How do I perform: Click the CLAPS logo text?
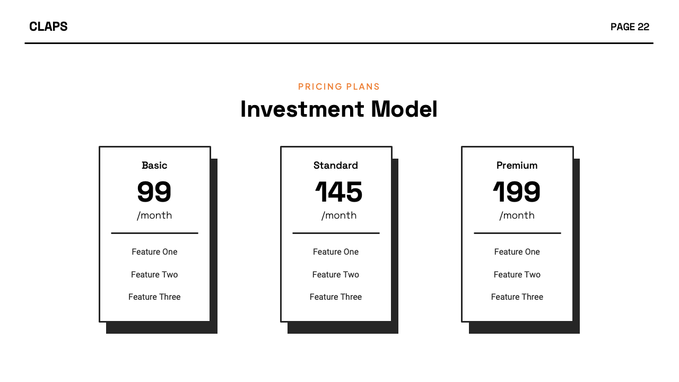(x=48, y=27)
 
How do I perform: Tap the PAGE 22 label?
(x=630, y=27)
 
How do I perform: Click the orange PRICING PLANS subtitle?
(x=339, y=86)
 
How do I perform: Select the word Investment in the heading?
(x=302, y=109)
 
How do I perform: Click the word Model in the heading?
(x=404, y=109)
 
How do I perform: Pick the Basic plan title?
(x=154, y=166)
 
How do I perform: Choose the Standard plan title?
(x=336, y=166)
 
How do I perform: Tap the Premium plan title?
(x=517, y=166)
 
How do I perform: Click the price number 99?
(x=154, y=192)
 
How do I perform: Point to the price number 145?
(x=338, y=192)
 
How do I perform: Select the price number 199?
(x=517, y=192)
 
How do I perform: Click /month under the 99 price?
(x=154, y=215)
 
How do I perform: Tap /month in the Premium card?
(x=517, y=215)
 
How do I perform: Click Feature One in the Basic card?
(x=154, y=252)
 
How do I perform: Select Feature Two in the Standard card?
(x=336, y=274)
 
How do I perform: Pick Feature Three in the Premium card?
(x=517, y=297)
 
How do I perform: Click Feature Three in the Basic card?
(x=154, y=297)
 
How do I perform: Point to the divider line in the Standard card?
(x=336, y=233)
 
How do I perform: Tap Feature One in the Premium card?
(x=517, y=252)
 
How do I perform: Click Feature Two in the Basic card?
(x=154, y=274)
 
